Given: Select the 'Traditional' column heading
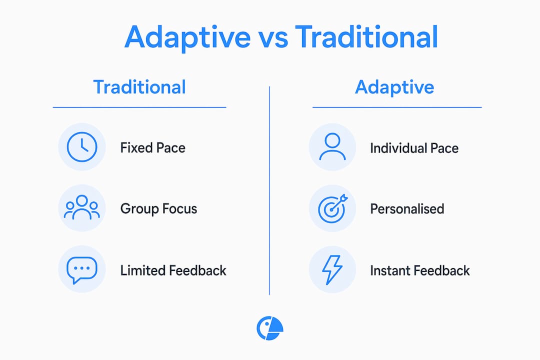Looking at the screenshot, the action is coord(139,87).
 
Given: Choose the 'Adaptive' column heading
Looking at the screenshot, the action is coord(394,87).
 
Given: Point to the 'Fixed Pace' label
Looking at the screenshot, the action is coord(153,148).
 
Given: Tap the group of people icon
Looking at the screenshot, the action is coord(82,207).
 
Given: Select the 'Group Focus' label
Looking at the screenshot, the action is coord(159,209).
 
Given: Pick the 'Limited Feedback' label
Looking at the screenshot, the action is coord(173,270).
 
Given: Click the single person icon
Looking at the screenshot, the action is coord(332,147).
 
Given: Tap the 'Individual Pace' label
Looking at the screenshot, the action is coord(414,148).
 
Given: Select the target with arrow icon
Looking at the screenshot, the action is coord(332,208).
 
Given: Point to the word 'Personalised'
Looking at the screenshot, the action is coord(407,209).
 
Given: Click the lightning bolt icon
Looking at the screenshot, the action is coord(332,269).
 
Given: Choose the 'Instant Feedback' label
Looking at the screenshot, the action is coord(420,270).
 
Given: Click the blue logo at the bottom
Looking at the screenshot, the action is coord(270,328).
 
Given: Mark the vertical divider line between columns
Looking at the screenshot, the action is coord(269,190).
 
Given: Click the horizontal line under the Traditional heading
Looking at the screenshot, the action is coord(139,107).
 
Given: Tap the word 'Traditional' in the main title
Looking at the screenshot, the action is coord(367,36).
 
